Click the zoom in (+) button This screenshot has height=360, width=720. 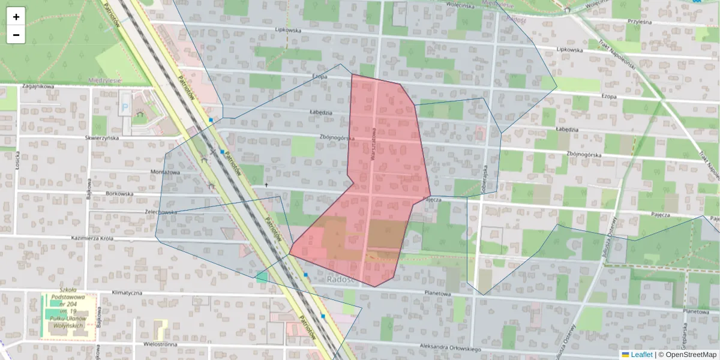(16, 17)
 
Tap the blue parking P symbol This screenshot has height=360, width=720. (125, 109)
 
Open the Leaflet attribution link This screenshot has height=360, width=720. (641, 355)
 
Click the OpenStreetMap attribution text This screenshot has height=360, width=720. (687, 355)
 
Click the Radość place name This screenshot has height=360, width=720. (343, 280)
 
